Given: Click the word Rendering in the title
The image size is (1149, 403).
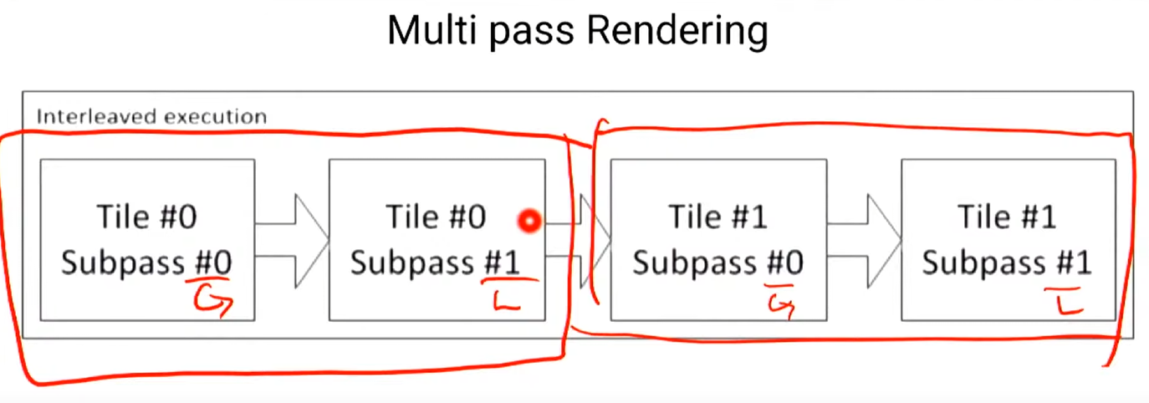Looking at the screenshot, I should [x=677, y=32].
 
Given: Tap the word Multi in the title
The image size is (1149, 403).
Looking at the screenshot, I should [x=430, y=31].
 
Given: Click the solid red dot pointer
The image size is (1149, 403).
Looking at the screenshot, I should [x=529, y=221].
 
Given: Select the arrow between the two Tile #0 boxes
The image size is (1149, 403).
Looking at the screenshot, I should [x=293, y=240].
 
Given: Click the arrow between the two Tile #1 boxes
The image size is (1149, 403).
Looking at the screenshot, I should [x=866, y=240].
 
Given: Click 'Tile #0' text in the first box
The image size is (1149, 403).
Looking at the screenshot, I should [x=146, y=217].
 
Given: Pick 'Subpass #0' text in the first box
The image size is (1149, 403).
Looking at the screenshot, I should [x=146, y=263].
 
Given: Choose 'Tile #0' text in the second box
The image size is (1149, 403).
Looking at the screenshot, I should [x=435, y=217].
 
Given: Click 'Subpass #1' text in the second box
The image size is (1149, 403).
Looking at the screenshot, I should [x=435, y=263].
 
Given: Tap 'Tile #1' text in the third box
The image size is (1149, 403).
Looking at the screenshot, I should [x=717, y=217].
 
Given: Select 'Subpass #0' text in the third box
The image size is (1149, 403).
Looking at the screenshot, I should [x=717, y=263].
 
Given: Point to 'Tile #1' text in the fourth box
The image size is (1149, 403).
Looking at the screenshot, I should [x=1007, y=217].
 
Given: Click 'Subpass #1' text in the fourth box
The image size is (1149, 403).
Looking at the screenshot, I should [x=1007, y=263].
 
